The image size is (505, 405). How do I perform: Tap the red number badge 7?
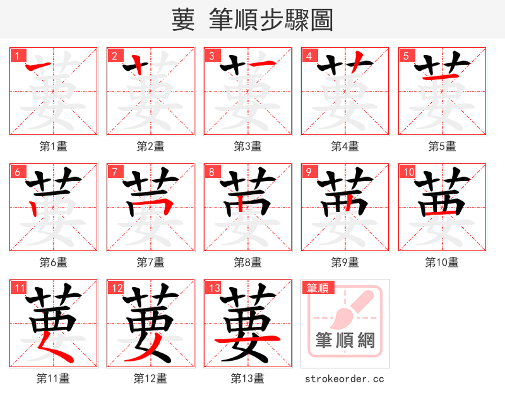pos(114,172)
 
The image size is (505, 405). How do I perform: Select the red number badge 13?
pos(211,288)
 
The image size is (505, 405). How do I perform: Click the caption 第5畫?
pos(442,146)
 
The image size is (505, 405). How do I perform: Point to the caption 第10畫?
pos(442,262)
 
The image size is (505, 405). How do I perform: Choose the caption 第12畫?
pos(150,379)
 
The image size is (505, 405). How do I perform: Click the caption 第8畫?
pos(247,262)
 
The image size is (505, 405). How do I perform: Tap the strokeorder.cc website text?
pos(345,379)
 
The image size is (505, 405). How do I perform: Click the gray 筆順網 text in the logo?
pos(345,341)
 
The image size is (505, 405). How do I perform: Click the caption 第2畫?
pos(150,146)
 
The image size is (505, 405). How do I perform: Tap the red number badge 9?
pos(309,172)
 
